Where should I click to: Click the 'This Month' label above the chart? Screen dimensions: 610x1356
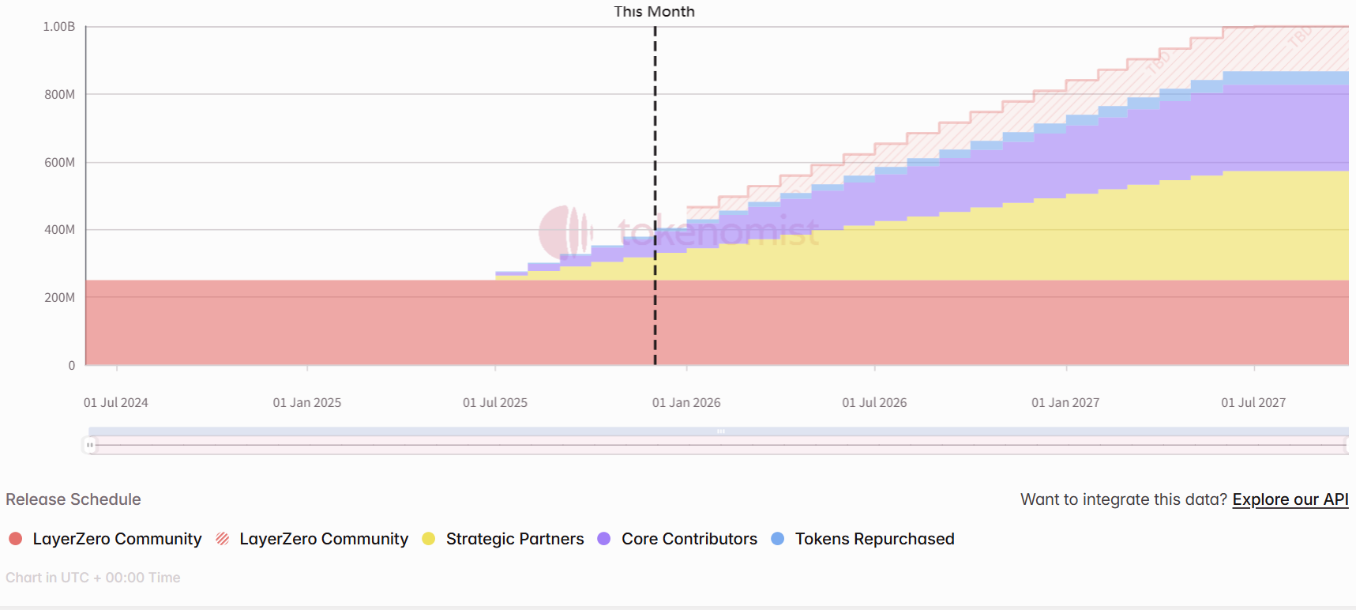(x=654, y=12)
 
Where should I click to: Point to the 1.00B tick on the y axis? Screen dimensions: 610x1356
(x=59, y=27)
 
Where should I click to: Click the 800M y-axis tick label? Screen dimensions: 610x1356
(x=59, y=95)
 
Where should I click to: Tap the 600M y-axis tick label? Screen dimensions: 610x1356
(x=59, y=163)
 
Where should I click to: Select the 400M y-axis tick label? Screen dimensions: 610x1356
(x=59, y=230)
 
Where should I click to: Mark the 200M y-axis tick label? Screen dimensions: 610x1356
(x=59, y=298)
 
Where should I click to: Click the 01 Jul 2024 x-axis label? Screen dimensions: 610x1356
(x=116, y=403)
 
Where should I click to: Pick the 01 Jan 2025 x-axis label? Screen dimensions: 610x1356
(x=307, y=403)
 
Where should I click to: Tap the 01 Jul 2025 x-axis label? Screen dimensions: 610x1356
(x=495, y=403)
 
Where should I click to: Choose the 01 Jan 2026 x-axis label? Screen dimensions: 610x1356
(x=686, y=403)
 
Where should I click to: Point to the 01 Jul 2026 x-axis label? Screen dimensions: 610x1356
(x=874, y=403)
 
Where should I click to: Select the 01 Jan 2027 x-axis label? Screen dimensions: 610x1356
(x=1065, y=403)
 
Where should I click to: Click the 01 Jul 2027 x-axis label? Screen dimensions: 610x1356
(x=1253, y=403)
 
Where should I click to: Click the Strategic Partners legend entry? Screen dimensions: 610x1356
(x=514, y=539)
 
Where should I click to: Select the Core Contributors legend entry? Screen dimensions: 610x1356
(x=689, y=539)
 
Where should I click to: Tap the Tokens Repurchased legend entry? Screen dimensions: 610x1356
(x=874, y=539)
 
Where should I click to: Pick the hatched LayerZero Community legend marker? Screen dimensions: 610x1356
(x=223, y=539)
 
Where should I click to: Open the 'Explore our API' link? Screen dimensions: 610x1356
(x=1290, y=499)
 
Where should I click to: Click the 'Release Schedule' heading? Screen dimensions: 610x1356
(x=73, y=499)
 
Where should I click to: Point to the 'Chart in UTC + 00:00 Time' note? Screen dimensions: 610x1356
(x=93, y=578)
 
